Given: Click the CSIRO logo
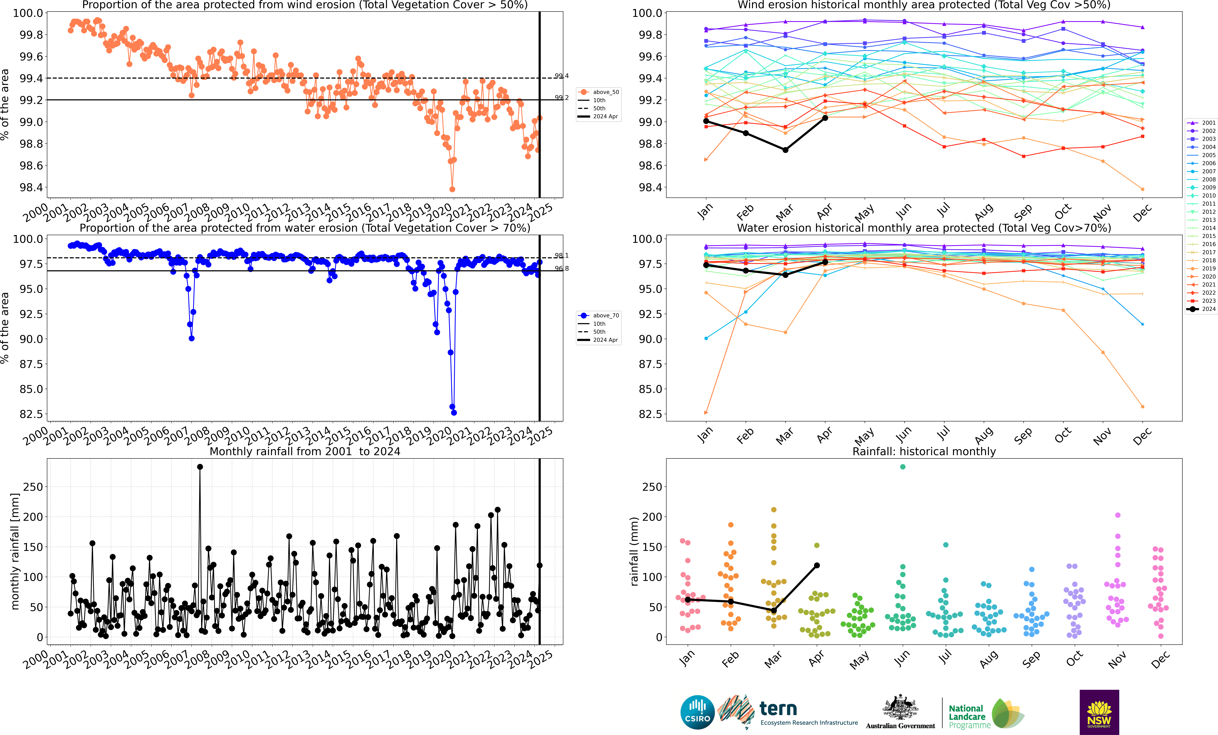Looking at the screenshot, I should point(697,712).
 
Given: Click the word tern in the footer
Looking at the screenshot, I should point(778,709).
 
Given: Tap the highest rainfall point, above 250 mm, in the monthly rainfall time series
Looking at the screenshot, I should point(200,467).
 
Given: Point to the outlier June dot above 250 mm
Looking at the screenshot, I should point(903,467).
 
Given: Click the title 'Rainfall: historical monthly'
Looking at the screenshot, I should point(924,451).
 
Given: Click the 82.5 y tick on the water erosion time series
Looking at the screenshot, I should point(32,414).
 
